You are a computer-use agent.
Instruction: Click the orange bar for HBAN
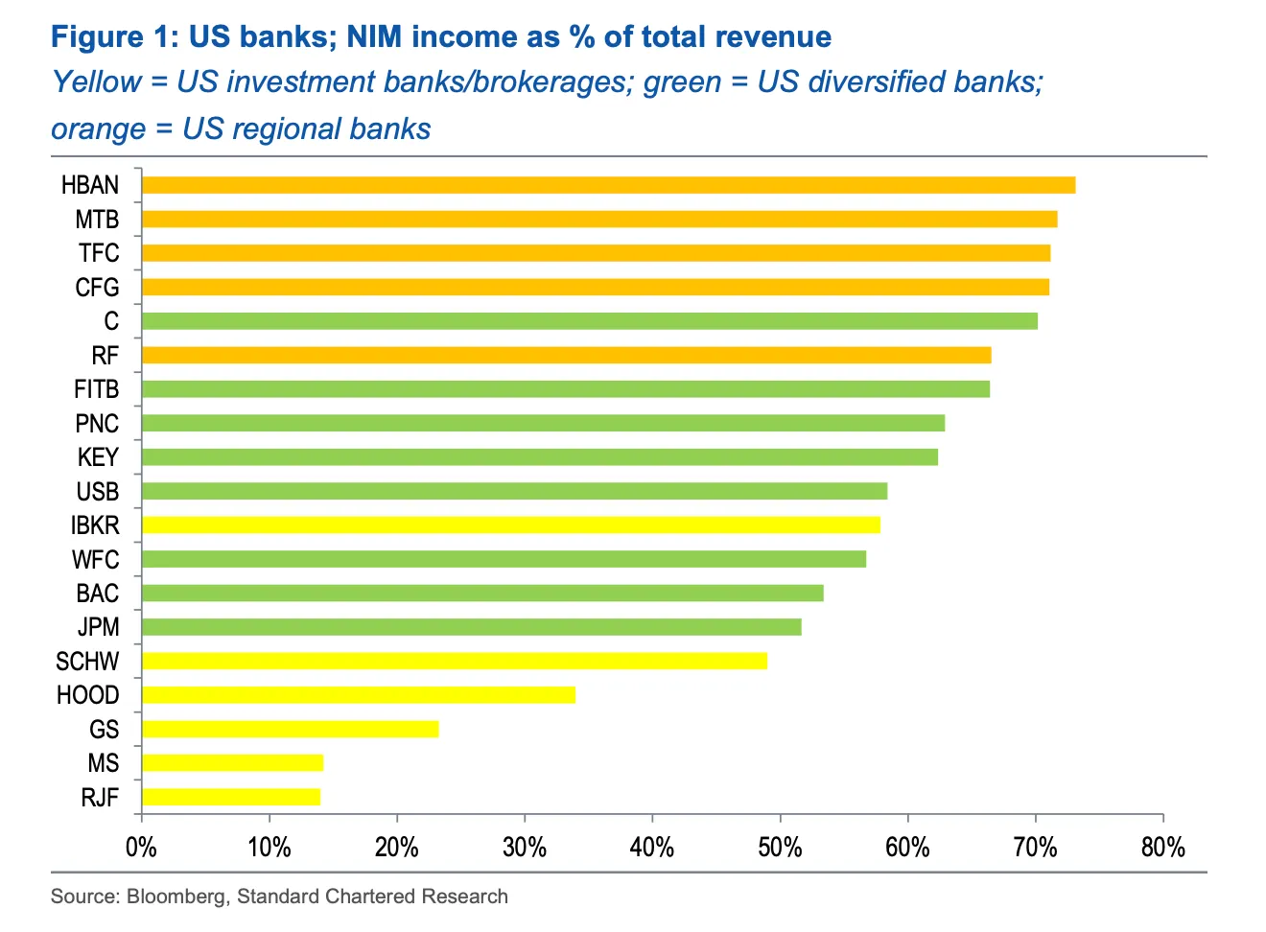tap(608, 185)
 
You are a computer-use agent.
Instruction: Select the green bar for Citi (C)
tap(589, 321)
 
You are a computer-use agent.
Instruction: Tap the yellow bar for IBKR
tap(510, 525)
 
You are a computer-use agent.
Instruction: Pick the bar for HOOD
tap(358, 695)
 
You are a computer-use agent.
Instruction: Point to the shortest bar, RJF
tap(230, 797)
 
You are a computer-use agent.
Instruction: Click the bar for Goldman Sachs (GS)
tap(290, 729)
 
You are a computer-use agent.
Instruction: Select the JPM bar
tap(471, 627)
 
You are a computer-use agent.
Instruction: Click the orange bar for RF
tap(566, 356)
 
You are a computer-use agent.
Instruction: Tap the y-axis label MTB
tap(97, 220)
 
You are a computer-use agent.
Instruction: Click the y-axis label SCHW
tap(87, 662)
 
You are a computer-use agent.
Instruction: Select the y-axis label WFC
tap(96, 559)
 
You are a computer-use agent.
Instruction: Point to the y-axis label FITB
tap(96, 389)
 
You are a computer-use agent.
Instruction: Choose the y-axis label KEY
tap(98, 457)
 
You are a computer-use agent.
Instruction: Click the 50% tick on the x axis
tap(780, 848)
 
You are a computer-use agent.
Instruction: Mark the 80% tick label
tap(1162, 848)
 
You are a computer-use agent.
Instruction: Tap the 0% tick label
tap(141, 848)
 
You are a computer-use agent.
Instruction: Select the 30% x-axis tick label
tap(525, 848)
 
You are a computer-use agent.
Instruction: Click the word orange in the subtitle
tap(98, 128)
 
